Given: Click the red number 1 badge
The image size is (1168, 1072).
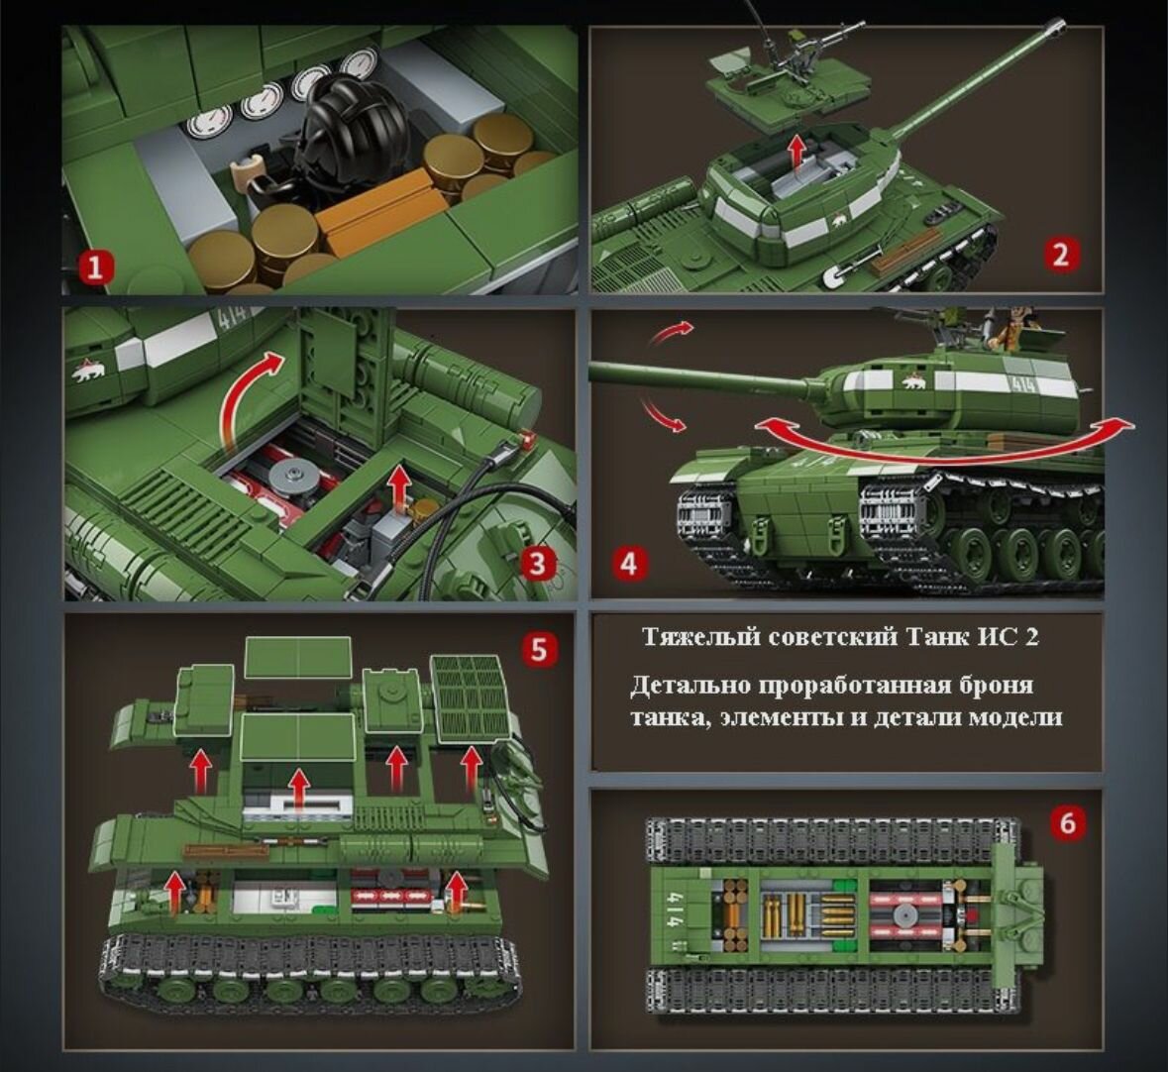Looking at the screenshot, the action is [x=95, y=267].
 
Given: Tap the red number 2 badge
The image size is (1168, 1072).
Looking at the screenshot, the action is [x=1060, y=255].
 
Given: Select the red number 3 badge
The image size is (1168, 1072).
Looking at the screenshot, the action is [x=538, y=565].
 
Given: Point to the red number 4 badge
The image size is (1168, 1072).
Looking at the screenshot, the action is [x=629, y=564].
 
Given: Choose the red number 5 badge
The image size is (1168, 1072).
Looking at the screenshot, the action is [x=539, y=649].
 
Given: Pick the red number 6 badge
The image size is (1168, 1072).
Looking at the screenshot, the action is [x=1067, y=823].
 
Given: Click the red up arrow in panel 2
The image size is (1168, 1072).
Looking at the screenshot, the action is [x=797, y=154].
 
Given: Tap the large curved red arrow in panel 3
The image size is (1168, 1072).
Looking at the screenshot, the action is [x=250, y=397].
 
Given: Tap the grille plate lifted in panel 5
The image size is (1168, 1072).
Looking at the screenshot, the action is [x=471, y=698].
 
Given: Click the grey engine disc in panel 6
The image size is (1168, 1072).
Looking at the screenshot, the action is [x=904, y=914].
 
